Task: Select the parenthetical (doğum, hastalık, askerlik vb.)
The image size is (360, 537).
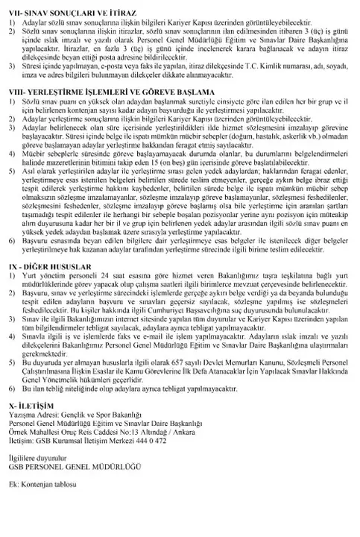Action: click(281, 157)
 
